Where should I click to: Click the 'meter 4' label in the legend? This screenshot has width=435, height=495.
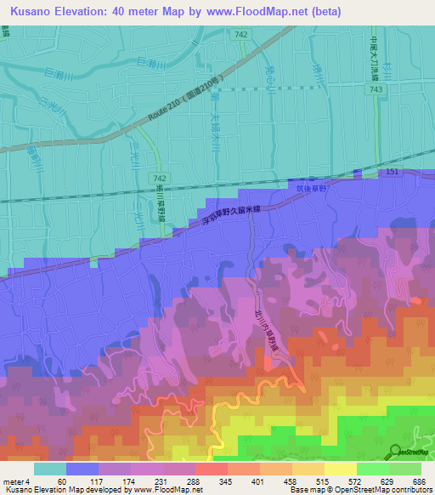click(x=17, y=482)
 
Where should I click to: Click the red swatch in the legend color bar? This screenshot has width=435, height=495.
click(x=212, y=469)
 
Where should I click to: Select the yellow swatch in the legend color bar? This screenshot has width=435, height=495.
click(x=341, y=469)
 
